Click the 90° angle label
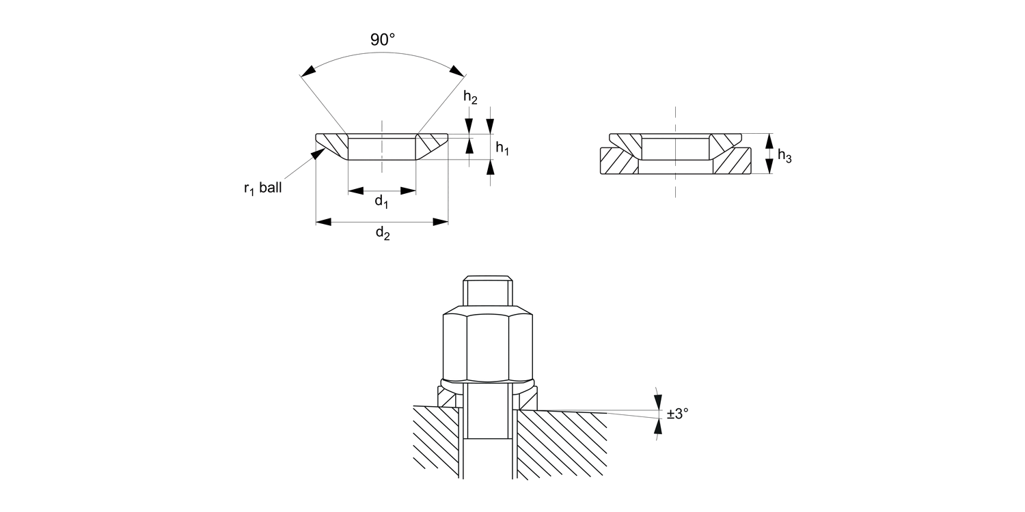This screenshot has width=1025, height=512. [383, 40]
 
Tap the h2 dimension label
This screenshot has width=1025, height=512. [470, 98]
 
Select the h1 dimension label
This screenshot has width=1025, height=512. [502, 148]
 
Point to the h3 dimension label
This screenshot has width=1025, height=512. [784, 156]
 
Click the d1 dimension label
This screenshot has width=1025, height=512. [381, 201]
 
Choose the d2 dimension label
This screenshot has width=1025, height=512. [383, 234]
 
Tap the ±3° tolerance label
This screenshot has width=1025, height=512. [678, 413]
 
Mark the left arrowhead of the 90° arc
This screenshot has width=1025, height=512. [308, 70]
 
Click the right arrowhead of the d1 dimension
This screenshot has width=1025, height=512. [410, 190]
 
